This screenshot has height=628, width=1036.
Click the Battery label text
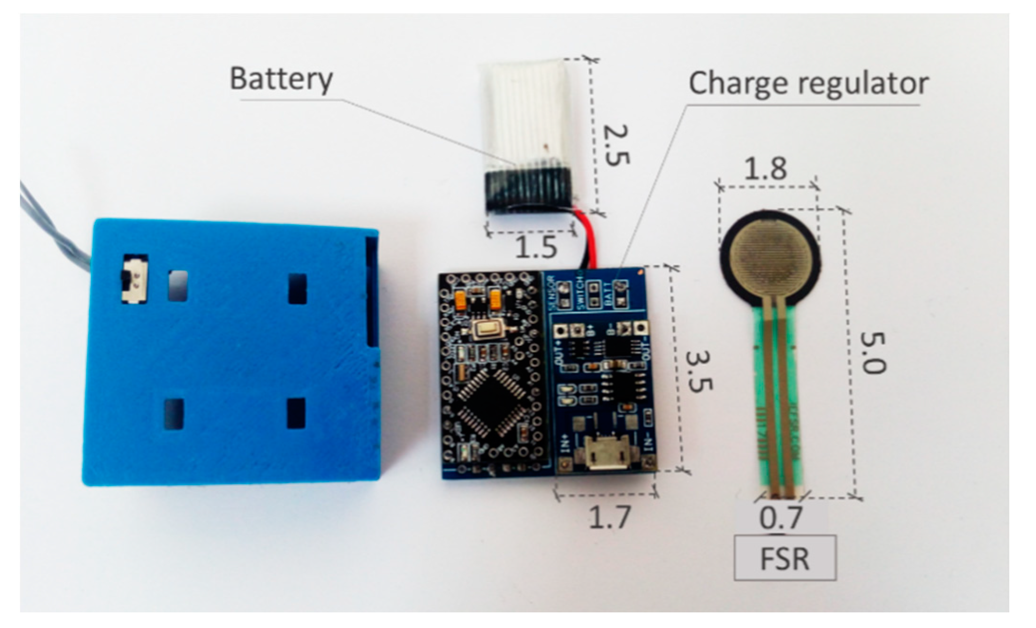point(281,79)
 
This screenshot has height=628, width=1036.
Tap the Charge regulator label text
point(808,84)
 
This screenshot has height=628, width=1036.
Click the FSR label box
point(785,558)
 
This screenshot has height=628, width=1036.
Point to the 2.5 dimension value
point(616,145)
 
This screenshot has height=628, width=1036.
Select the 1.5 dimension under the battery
point(536,247)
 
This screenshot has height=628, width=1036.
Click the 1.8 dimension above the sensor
point(765,168)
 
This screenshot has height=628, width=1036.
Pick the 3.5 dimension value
point(699,372)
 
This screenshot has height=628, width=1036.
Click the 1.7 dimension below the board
point(610,517)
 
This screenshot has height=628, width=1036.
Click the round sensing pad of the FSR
point(769,258)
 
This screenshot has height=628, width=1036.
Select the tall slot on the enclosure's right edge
point(372,292)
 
